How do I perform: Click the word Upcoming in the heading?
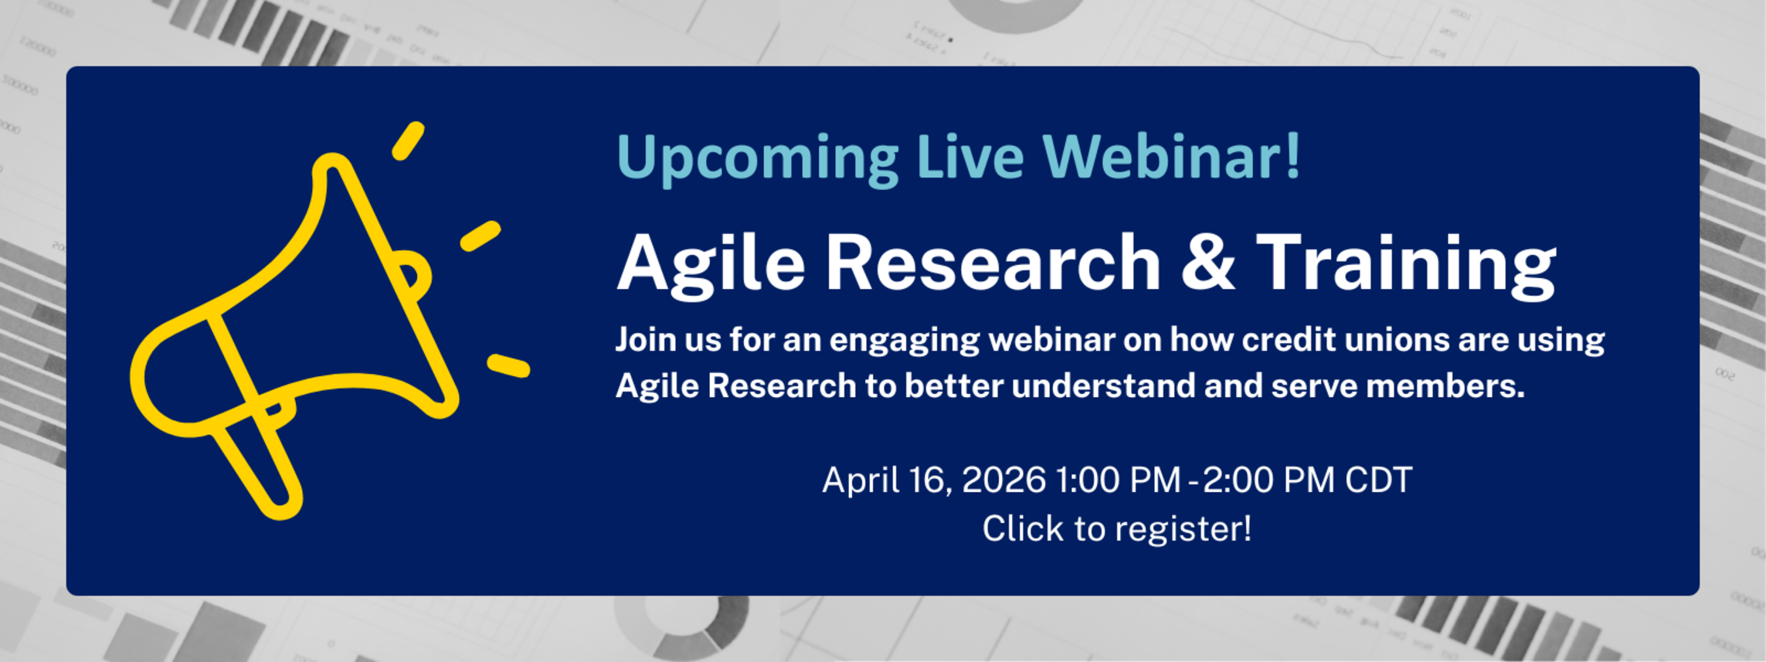tap(758, 159)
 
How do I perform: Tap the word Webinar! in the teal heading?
tap(1171, 156)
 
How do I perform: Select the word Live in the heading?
tap(970, 156)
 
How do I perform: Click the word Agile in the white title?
tap(711, 265)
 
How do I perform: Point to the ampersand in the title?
tap(1207, 263)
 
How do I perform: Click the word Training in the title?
tap(1406, 265)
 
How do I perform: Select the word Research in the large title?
tap(993, 263)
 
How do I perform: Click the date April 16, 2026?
tap(934, 480)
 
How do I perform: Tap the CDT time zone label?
tap(1378, 480)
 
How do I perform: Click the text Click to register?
tap(1116, 529)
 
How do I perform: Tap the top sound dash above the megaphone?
tap(408, 141)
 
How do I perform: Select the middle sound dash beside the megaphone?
tap(481, 236)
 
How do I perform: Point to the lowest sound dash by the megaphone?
tap(508, 366)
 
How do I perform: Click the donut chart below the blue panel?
tap(683, 638)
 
